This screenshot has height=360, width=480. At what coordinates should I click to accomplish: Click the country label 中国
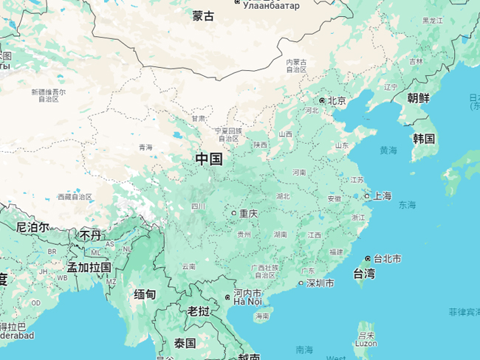pos(209,159)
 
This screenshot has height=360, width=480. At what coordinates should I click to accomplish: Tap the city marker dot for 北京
pos(322,100)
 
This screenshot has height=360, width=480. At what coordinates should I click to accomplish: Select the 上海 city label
pos(383,196)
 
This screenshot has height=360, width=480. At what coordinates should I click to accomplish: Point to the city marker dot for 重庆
pos(234,213)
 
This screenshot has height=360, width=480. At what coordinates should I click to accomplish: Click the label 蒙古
pos(203,15)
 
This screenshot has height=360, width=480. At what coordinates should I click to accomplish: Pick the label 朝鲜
pos(418,98)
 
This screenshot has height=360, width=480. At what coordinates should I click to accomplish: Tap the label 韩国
pos(424,139)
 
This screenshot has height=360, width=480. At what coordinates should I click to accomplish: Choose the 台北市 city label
pos(387,259)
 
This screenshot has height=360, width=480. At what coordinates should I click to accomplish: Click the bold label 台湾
pos(363,274)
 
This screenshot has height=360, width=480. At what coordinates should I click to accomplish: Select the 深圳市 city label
pos(320,283)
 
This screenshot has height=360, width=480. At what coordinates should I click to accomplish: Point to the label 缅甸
pos(145,294)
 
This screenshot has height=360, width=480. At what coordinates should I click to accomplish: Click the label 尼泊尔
pos(32,227)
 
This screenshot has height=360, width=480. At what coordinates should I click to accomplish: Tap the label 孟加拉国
pos(89,267)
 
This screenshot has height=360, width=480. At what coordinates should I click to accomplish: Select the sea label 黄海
pos(388,150)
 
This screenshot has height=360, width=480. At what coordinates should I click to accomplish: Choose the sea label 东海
pos(407,204)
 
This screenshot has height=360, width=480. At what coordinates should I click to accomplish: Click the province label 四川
pos(198,207)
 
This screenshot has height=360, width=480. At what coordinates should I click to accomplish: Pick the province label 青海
pos(145,148)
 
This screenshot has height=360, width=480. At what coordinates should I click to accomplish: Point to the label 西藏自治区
pos(75,197)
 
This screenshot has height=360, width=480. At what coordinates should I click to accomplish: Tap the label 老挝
pos(199,311)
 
